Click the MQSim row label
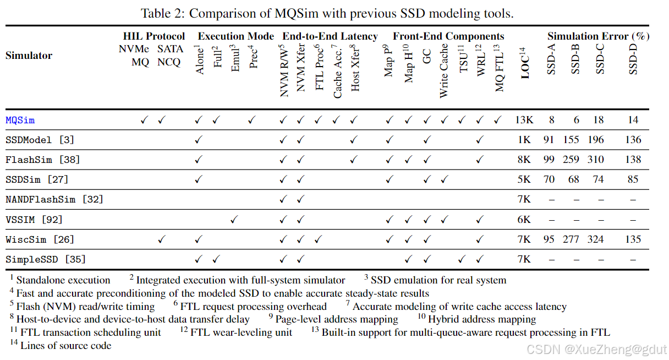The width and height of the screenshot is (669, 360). pyautogui.click(x=20, y=119)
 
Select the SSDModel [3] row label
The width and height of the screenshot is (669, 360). pyautogui.click(x=40, y=140)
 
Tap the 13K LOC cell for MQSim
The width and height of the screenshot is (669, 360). pyautogui.click(x=524, y=119)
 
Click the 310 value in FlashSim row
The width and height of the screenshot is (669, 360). pyautogui.click(x=602, y=160)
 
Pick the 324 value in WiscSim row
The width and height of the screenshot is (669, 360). pyautogui.click(x=602, y=239)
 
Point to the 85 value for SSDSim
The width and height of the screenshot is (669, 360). pyautogui.click(x=633, y=179)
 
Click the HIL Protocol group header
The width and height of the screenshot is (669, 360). pyautogui.click(x=153, y=36)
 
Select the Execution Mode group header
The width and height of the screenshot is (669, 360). pyautogui.click(x=235, y=36)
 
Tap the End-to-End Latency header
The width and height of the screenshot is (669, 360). pyautogui.click(x=330, y=36)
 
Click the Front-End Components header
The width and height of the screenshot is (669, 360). pyautogui.click(x=448, y=36)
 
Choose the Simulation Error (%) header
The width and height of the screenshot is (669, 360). pyautogui.click(x=599, y=36)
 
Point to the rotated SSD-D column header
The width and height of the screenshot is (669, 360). pyautogui.click(x=633, y=60)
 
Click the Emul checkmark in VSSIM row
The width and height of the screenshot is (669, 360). pyautogui.click(x=234, y=220)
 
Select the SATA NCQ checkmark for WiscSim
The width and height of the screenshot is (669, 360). pyautogui.click(x=162, y=239)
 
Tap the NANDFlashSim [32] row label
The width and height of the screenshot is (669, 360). pyautogui.click(x=54, y=199)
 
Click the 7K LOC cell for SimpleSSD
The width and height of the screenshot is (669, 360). pyautogui.click(x=524, y=259)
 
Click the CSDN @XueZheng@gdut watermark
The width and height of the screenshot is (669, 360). pyautogui.click(x=596, y=349)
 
